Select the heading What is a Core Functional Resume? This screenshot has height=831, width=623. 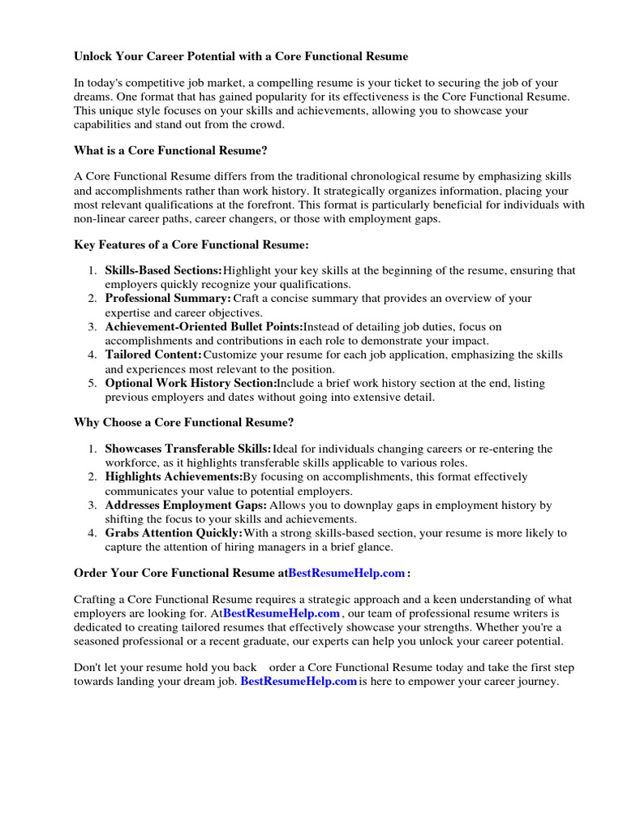tap(170, 150)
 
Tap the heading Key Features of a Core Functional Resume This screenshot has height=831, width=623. tap(191, 244)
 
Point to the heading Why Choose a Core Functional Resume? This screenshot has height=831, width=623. tap(184, 422)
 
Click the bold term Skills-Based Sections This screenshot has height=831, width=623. tap(163, 270)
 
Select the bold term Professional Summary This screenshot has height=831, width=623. tap(168, 299)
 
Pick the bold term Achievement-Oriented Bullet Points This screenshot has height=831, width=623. tap(204, 327)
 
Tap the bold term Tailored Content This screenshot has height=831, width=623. tap(153, 355)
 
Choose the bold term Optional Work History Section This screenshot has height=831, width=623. tap(191, 383)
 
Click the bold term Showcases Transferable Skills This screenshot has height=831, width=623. tap(188, 449)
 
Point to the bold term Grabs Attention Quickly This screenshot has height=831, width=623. tap(174, 533)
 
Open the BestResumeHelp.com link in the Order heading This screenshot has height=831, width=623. tap(346, 573)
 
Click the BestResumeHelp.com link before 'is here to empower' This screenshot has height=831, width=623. tap(299, 682)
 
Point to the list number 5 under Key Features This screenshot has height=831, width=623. tap(92, 383)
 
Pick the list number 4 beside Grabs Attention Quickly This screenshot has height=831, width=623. tap(92, 533)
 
